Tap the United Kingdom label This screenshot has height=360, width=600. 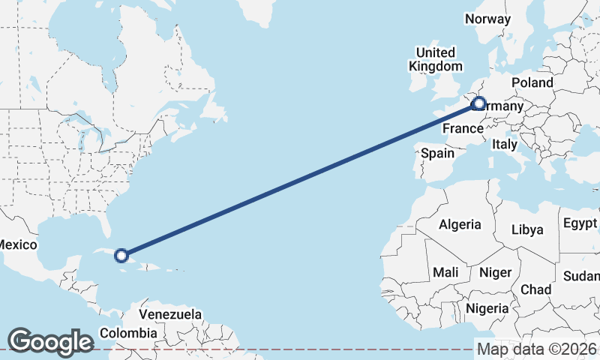coord(435,59)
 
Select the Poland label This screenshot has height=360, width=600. coord(532,82)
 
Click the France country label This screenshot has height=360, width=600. coord(462,128)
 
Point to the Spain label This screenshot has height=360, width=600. coord(437,153)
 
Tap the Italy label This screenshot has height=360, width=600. coord(505,145)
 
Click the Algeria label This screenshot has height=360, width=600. coord(459,224)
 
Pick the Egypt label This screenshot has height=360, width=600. coord(580,223)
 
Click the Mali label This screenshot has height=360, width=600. coord(445,272)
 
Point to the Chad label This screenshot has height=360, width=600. coord(535,289)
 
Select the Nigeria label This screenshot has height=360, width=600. coord(487,308)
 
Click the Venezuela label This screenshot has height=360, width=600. coord(170,313)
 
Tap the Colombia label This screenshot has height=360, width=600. coord(128,332)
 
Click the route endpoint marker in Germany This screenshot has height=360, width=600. coord(478,104)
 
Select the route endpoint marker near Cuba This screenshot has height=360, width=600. coord(121,256)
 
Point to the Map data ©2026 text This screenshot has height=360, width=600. coord(537,349)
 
